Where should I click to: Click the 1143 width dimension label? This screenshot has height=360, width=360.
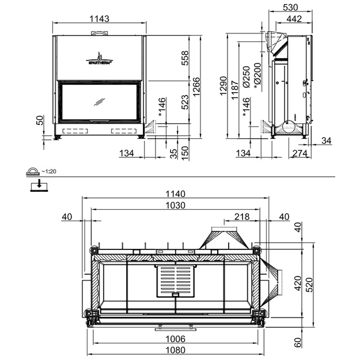(x=99, y=18)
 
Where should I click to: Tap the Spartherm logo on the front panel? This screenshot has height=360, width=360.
(x=100, y=58)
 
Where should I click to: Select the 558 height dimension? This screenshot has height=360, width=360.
(x=185, y=58)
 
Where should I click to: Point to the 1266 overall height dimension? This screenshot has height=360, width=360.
(x=196, y=87)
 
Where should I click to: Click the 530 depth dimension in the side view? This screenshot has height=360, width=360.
(x=290, y=7)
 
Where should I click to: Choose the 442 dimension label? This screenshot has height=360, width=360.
(x=294, y=18)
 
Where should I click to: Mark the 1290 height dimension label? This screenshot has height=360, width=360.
(x=223, y=86)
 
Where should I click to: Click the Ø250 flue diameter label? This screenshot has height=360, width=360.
(x=246, y=77)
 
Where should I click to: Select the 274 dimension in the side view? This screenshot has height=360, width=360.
(x=300, y=153)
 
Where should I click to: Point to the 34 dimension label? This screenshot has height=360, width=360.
(x=326, y=141)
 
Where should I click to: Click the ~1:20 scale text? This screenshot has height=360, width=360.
(x=49, y=171)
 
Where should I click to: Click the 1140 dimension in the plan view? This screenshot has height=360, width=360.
(x=176, y=194)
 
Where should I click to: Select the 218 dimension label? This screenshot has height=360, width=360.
(x=242, y=217)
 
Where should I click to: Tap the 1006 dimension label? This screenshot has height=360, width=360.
(x=176, y=339)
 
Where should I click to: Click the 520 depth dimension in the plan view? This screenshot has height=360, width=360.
(x=310, y=285)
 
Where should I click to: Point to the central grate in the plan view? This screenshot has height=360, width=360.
(x=176, y=281)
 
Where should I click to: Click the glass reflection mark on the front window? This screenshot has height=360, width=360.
(x=100, y=102)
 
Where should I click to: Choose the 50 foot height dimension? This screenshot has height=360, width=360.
(x=40, y=120)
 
